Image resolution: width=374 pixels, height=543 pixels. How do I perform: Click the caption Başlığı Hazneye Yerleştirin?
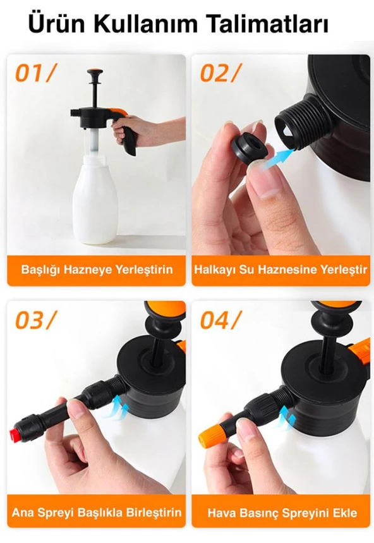pos(97,270)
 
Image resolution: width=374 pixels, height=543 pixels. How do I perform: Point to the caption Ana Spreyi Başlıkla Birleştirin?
pos(97,512)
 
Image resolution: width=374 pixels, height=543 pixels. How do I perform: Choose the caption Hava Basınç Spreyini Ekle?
pos(281,512)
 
